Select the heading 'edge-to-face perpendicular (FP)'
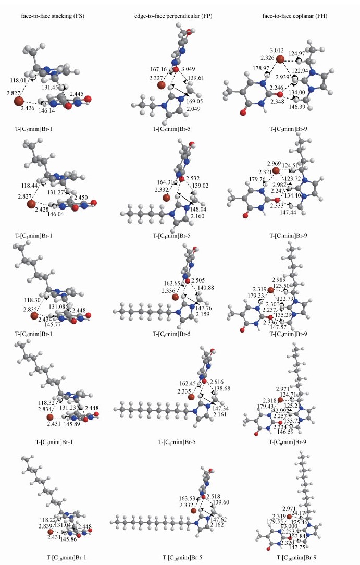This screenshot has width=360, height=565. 167,16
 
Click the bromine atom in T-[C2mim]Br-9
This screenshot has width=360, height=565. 280,59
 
